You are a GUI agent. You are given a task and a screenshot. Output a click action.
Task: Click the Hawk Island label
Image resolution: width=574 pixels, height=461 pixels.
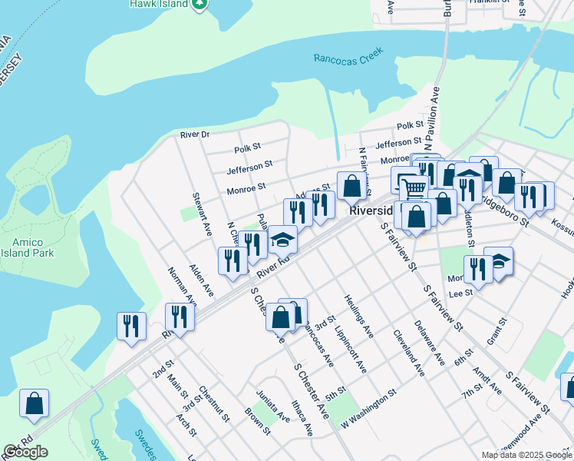pyautogui.click(x=159, y=3)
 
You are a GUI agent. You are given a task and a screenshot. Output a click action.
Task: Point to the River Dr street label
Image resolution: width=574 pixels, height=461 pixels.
pyautogui.click(x=194, y=134)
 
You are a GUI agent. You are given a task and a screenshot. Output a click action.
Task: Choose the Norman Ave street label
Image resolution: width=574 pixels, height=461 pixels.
pyautogui.click(x=182, y=285)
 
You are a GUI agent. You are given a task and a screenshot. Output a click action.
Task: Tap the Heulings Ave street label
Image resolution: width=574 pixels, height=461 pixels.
pyautogui.click(x=359, y=317)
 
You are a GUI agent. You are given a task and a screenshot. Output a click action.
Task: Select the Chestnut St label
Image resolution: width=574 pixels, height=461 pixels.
pyautogui.click(x=214, y=404)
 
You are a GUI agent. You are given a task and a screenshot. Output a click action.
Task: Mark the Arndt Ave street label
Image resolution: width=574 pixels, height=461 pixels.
pyautogui.click(x=487, y=380)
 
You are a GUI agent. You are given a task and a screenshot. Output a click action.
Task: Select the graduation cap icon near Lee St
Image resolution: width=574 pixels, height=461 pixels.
pyautogui.click(x=498, y=262)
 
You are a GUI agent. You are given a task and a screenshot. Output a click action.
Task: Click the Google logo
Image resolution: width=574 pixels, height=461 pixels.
pyautogui.click(x=25, y=453)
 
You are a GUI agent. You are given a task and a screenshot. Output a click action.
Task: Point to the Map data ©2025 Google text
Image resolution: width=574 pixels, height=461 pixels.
pyautogui.click(x=526, y=455)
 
